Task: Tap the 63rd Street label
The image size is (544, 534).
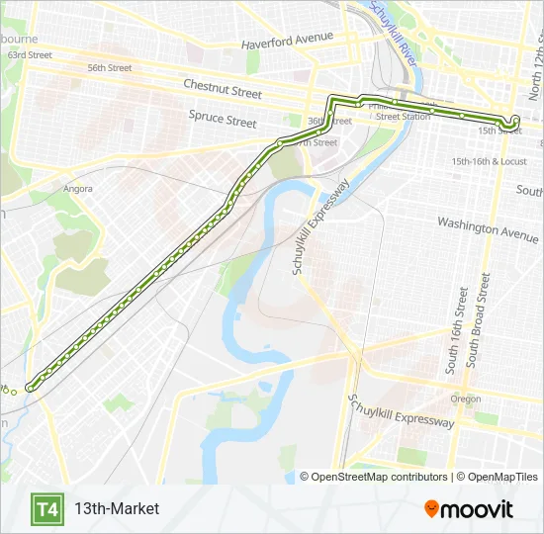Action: click(x=29, y=55)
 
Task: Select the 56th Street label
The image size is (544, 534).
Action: click(x=109, y=68)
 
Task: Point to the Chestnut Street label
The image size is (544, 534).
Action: click(x=223, y=89)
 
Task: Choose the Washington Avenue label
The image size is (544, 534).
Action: click(x=489, y=229)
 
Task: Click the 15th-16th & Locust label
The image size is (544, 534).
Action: click(x=489, y=161)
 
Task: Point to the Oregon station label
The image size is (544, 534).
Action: click(x=466, y=400)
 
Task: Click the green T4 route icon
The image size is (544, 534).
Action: click(x=46, y=509)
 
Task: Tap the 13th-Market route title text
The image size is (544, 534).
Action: click(x=116, y=509)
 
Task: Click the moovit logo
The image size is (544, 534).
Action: click(x=469, y=509)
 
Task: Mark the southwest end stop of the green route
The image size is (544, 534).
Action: click(x=31, y=387)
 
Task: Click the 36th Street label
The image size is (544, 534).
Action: click(x=329, y=122)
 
